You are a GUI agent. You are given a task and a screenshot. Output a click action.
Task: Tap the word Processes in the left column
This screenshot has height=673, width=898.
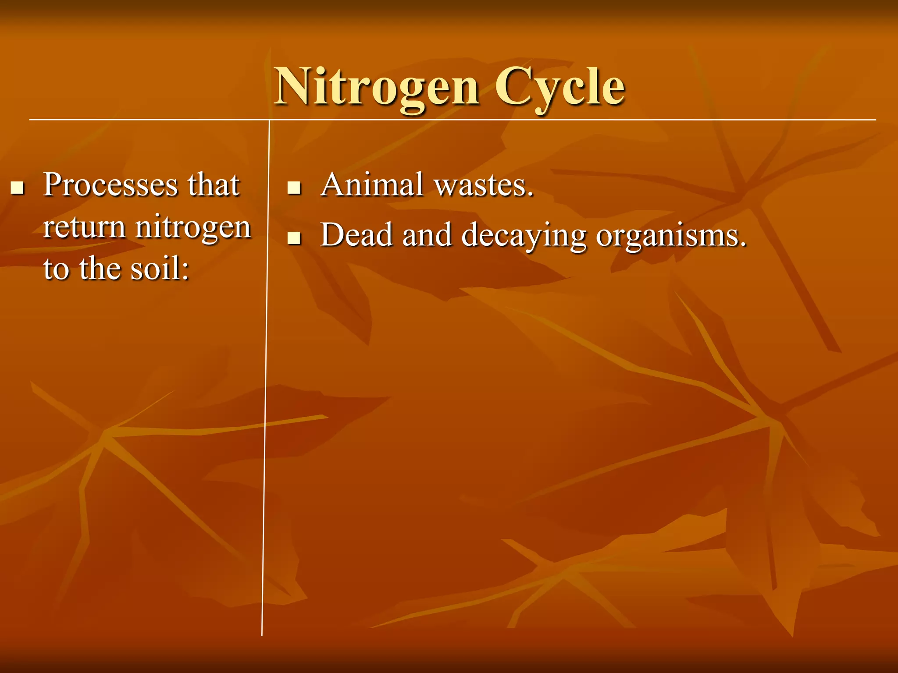tap(110, 185)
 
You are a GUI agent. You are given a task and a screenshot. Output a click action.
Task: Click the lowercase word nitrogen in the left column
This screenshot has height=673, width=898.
tap(193, 228)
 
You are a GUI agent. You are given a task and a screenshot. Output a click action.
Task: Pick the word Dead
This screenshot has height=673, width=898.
tap(356, 235)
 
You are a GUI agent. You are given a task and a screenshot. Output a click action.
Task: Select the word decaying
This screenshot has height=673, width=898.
tap(524, 236)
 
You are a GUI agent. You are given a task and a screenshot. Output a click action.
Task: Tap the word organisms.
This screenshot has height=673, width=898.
tap(671, 236)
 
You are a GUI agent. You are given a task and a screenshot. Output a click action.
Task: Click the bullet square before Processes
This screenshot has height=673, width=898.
tap(17, 188)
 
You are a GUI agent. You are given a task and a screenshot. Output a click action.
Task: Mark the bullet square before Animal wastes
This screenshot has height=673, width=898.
tap(294, 188)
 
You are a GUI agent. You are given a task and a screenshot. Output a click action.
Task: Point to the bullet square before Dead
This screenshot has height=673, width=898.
tap(294, 238)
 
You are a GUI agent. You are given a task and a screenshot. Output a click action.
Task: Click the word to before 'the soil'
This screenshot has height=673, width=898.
tap(56, 269)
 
